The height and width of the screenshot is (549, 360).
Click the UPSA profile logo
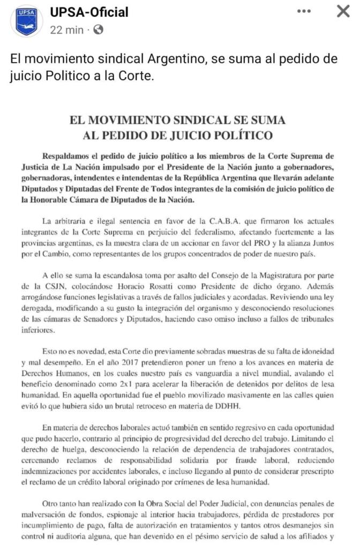pyautogui.click(x=26, y=21)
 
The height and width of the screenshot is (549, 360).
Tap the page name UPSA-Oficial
pyautogui.click(x=89, y=12)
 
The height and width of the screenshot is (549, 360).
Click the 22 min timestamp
pyautogui.click(x=66, y=31)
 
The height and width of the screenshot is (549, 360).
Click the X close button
pyautogui.click(x=343, y=12)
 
